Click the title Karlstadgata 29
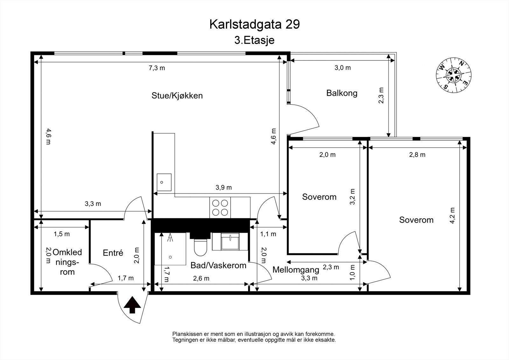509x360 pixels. [x=254, y=25]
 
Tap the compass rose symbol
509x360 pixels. [x=453, y=75]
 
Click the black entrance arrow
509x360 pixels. [x=132, y=305]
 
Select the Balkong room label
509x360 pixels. [x=342, y=93]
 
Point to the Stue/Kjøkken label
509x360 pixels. [x=177, y=95]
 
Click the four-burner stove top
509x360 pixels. [x=220, y=208]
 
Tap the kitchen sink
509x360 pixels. [x=164, y=182]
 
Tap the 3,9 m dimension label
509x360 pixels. [x=224, y=187]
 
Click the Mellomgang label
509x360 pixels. [x=296, y=270]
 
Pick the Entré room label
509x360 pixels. [x=113, y=253]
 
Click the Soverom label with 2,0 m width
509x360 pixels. [x=319, y=197]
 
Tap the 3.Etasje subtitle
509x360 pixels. [x=254, y=40]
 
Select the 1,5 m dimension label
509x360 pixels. [x=62, y=234]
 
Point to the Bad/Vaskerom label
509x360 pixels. [x=218, y=265]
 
